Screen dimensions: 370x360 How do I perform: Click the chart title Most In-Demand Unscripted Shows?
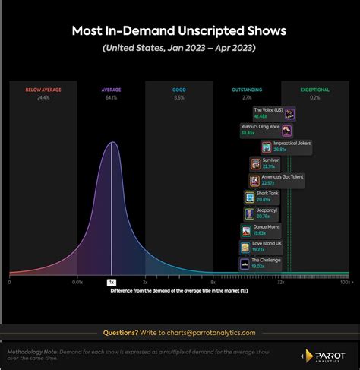click(x=179, y=31)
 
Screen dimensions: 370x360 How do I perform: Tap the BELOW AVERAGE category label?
click(x=43, y=90)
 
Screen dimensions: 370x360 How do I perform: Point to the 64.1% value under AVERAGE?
click(x=112, y=98)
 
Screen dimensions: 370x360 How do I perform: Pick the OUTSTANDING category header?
click(x=247, y=90)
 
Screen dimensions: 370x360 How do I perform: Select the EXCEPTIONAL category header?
click(x=314, y=90)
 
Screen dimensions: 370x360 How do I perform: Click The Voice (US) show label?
click(x=268, y=110)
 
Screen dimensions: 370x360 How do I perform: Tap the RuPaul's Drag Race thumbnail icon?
click(x=286, y=130)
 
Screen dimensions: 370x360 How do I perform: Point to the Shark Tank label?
click(x=267, y=194)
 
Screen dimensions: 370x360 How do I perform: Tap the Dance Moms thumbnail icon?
click(x=246, y=230)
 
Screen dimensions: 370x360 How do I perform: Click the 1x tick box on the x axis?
click(x=112, y=282)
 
